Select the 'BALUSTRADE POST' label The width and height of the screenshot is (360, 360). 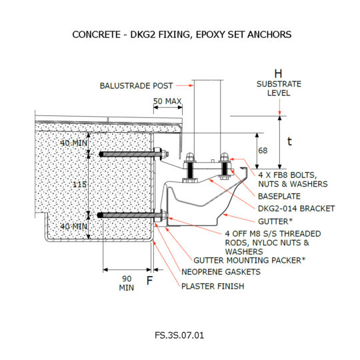(x=136, y=85)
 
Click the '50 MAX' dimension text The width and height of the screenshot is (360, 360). (x=167, y=101)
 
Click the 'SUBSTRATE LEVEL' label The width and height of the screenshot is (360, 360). (x=279, y=89)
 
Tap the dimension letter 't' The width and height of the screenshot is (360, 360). (x=289, y=141)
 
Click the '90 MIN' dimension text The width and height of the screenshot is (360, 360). (x=126, y=283)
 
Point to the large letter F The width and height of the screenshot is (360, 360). (x=149, y=281)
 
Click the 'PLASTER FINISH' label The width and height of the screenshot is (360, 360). (x=213, y=285)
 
